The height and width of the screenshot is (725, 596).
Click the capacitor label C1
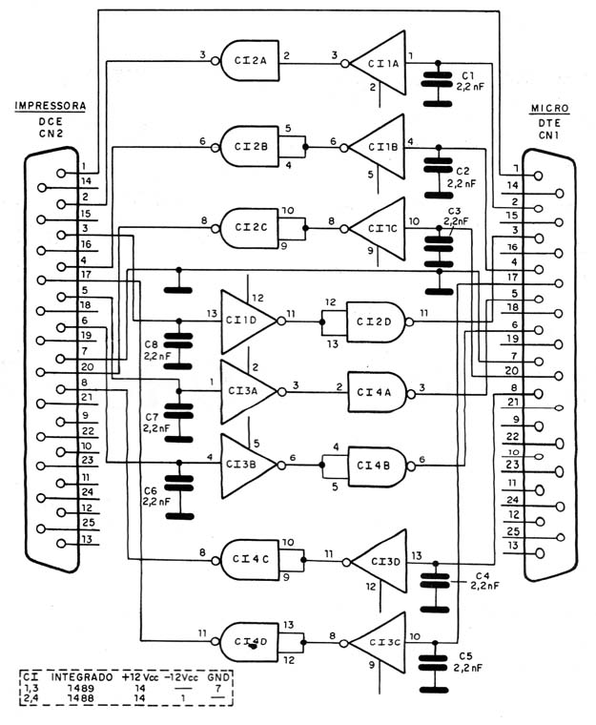468,75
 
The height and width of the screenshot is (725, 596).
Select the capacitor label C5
465,656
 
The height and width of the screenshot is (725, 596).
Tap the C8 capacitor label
152,344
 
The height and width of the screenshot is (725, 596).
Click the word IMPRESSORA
51,106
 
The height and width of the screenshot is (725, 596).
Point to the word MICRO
550,109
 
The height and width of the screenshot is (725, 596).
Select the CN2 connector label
51,134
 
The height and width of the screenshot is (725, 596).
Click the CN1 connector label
549,135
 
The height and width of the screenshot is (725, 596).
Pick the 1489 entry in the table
81,688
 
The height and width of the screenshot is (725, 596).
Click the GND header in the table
218,677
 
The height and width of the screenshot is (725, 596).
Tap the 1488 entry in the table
81,698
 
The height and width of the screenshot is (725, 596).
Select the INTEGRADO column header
82,677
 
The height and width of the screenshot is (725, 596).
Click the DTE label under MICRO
549,123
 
